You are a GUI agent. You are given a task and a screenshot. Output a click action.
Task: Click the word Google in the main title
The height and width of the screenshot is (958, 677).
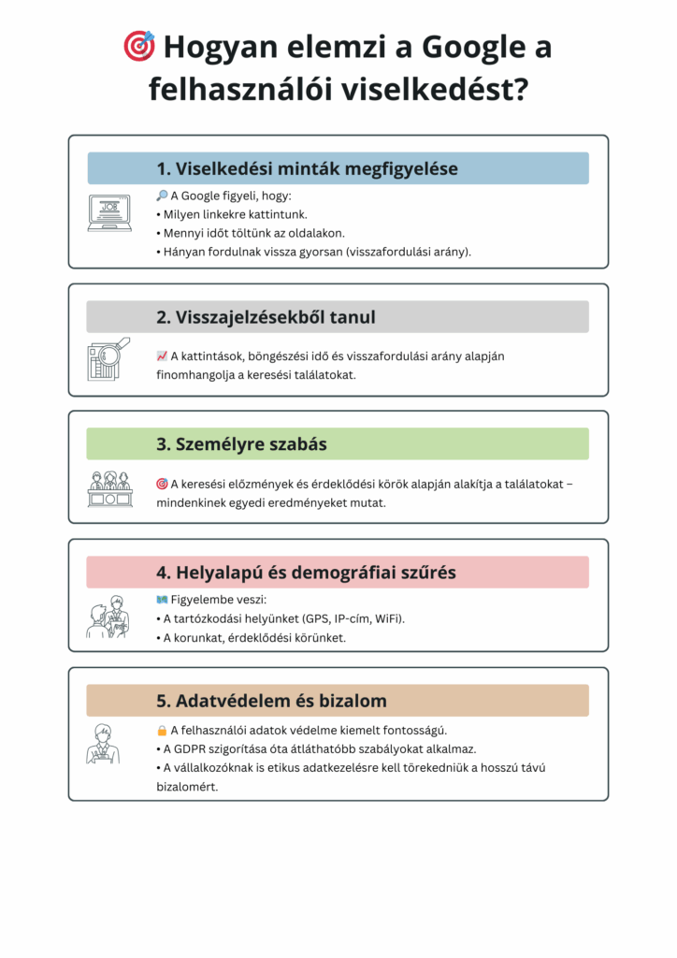[467, 46]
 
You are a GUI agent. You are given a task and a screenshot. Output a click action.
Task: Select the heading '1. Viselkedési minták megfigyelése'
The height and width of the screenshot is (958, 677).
[307, 168]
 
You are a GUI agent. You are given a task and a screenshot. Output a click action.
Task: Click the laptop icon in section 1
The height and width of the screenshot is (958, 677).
[109, 213]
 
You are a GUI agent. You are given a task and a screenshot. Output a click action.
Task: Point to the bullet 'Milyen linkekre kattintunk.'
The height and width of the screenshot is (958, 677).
[235, 214]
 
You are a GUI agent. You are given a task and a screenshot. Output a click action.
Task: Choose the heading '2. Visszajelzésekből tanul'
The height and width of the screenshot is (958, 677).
[266, 317]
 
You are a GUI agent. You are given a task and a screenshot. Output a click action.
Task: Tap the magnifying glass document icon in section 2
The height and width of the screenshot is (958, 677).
[109, 359]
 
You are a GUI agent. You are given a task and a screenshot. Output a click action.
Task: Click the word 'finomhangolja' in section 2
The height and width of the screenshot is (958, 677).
[194, 374]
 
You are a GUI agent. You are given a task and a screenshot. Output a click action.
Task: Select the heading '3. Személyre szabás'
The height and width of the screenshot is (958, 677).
[241, 444]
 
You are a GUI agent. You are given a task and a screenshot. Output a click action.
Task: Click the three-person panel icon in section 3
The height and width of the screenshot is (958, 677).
[109, 488]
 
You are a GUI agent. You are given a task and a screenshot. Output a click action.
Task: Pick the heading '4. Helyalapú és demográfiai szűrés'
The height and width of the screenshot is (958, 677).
[306, 572]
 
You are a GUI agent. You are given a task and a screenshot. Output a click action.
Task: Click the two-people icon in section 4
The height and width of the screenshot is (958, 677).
[108, 617]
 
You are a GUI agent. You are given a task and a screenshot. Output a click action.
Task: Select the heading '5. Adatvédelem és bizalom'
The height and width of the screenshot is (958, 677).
[271, 701]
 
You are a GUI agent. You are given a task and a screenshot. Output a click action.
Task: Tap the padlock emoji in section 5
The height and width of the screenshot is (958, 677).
[162, 730]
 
